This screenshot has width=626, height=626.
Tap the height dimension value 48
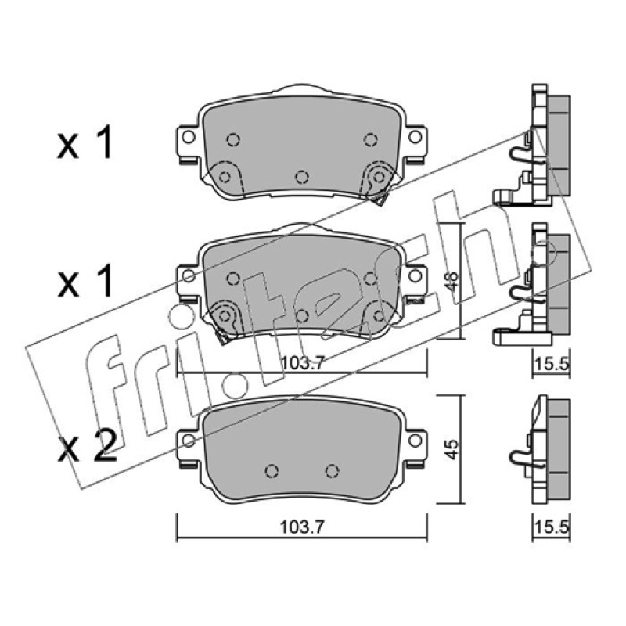[452, 282]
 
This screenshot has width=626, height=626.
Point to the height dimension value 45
[452, 449]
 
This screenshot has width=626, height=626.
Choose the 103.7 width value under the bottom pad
[301, 527]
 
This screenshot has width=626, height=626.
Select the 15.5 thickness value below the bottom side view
[552, 527]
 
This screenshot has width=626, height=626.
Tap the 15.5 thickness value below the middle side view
[552, 363]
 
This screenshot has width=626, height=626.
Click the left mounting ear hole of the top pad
[188, 138]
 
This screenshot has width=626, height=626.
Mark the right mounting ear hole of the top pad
[416, 138]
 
